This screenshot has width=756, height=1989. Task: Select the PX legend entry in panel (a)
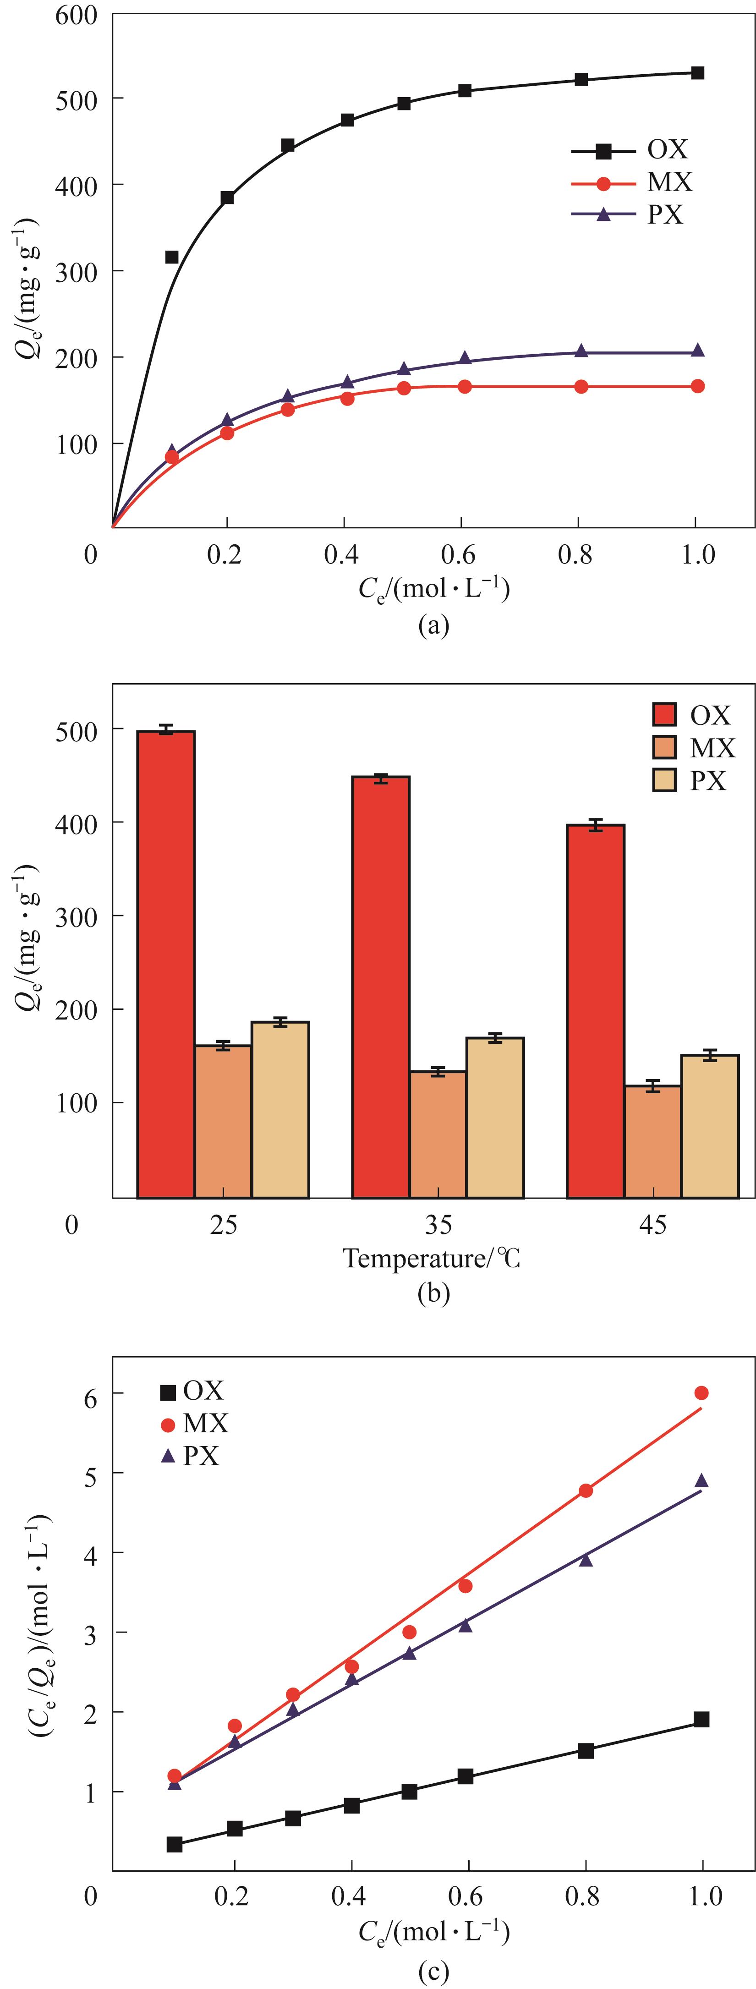[x=630, y=214]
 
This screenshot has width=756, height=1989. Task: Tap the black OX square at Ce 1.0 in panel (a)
[x=697, y=72]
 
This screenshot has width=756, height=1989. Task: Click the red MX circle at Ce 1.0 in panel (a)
[x=697, y=386]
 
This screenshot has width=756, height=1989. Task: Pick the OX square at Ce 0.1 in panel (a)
[x=172, y=257]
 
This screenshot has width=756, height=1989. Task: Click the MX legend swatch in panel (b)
[x=664, y=747]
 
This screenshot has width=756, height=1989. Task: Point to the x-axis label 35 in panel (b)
[x=438, y=1225]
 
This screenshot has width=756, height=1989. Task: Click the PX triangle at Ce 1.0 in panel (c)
[x=701, y=1480]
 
